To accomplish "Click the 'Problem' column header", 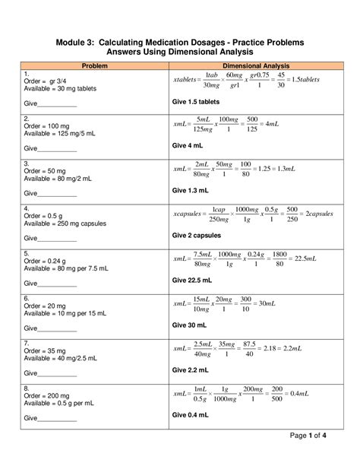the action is pos(94,66).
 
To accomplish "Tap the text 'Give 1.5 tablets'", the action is pos(197,101).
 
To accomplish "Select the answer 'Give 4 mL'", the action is pos(188,145).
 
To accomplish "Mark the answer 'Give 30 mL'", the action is pos(189,325).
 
